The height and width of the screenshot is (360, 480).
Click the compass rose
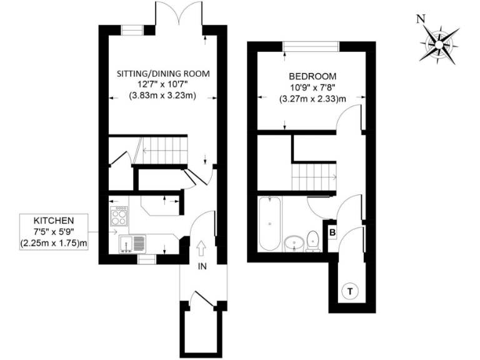pyautogui.click(x=439, y=44)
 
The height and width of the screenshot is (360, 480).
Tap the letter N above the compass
pyautogui.click(x=421, y=19)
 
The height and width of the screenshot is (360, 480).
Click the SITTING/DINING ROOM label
pyautogui.click(x=163, y=73)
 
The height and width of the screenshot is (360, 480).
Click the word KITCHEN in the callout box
pyautogui.click(x=54, y=221)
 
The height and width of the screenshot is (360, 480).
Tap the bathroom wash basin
pyautogui.click(x=292, y=242)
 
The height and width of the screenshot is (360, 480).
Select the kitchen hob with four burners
pyautogui.click(x=119, y=217)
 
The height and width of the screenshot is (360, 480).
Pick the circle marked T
pyautogui.click(x=350, y=291)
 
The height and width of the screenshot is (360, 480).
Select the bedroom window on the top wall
pyautogui.click(x=311, y=46)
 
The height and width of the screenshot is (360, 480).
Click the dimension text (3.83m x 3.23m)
pyautogui.click(x=163, y=96)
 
